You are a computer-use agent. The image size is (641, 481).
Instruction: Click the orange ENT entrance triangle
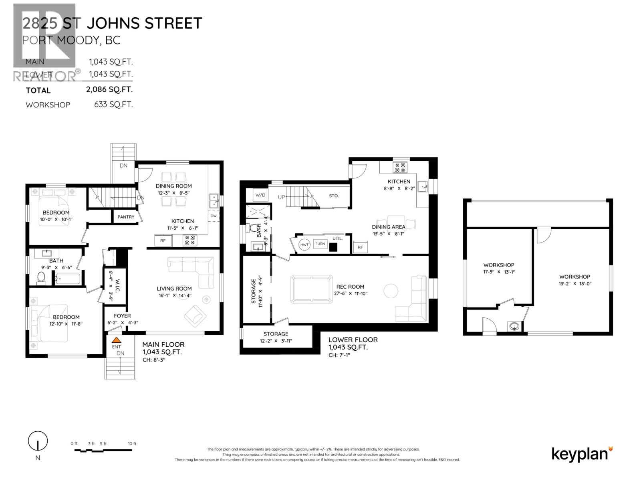click(x=116, y=340)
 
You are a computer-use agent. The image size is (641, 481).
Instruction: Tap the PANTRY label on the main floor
click(x=126, y=217)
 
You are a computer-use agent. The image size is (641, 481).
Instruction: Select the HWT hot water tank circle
click(x=304, y=245)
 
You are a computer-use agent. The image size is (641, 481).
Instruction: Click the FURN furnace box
click(x=320, y=244)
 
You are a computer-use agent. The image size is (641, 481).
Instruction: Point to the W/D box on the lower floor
click(x=260, y=195)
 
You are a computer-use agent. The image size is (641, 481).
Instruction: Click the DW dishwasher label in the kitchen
click(x=214, y=216)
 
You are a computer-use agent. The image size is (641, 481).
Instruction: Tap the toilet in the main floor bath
click(x=41, y=278)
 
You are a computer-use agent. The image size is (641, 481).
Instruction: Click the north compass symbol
click(x=38, y=441)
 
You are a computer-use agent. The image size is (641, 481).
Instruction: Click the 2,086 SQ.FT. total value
click(x=109, y=89)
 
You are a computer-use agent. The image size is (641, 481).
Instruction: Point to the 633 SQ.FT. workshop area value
click(x=113, y=105)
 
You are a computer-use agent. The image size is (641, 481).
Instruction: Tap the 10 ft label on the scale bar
click(x=132, y=444)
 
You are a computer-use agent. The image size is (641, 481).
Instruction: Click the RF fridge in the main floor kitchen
click(x=163, y=240)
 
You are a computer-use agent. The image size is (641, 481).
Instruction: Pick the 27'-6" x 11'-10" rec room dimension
click(x=350, y=293)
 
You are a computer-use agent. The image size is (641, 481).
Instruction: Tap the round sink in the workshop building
click(x=514, y=327)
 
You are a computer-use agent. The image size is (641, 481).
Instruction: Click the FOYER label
click(x=122, y=316)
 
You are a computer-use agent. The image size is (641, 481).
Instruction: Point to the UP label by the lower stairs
click(x=282, y=197)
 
